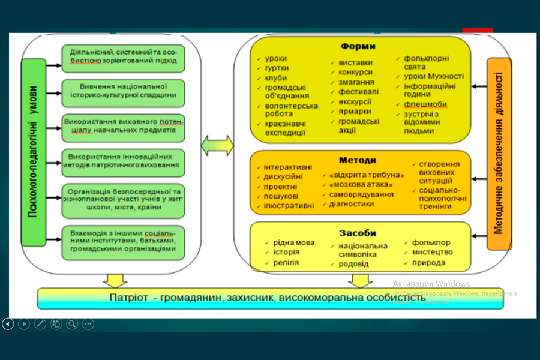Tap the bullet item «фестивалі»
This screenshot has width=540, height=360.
[x=358, y=92]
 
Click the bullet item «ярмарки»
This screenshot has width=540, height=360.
[x=355, y=111]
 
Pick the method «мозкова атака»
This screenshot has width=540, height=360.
[x=360, y=184]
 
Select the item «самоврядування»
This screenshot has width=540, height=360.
[x=361, y=194]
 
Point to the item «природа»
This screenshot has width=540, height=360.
[x=428, y=262]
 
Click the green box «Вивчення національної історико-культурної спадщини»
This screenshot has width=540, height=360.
[x=122, y=90]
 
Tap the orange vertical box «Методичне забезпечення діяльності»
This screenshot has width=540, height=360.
[x=499, y=153]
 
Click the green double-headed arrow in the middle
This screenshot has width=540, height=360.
[x=217, y=145]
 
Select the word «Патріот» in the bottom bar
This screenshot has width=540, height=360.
[x=127, y=298]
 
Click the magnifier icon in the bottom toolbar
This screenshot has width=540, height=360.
[x=72, y=324]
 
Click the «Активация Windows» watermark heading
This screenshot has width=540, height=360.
[x=431, y=283]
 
